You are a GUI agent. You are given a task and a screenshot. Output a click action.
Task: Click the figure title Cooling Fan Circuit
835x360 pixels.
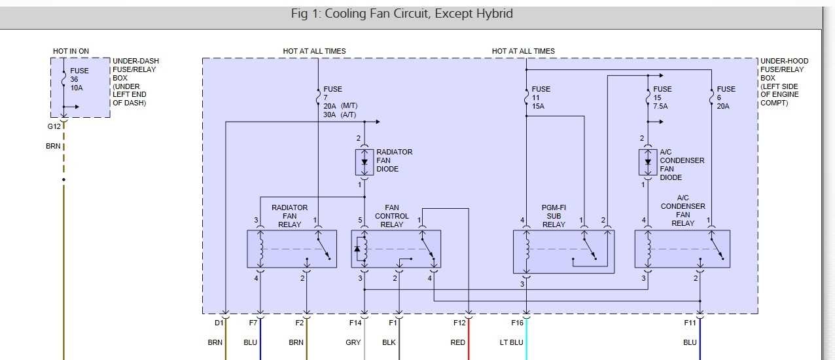[402, 14]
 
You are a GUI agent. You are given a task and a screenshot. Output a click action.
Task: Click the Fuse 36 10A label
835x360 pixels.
[79, 79]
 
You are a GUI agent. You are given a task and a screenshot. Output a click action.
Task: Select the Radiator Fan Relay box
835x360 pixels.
[292, 249]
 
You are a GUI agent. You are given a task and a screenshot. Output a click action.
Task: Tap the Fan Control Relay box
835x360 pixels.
[396, 249]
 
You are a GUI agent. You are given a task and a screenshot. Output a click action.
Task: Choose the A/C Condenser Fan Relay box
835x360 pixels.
[683, 249]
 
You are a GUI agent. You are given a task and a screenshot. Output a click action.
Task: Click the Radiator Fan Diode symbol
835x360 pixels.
[364, 162]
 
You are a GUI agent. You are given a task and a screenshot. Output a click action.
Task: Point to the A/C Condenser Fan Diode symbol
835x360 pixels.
[648, 162]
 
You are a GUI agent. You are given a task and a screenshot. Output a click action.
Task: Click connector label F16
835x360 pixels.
[518, 322]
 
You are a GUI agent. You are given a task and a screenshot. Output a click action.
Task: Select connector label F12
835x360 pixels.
[459, 322]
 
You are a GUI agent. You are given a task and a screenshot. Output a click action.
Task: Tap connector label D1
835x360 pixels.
[219, 322]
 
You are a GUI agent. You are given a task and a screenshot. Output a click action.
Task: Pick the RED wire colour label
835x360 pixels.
[458, 342]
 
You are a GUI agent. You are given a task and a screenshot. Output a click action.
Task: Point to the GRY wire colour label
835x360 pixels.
[353, 342]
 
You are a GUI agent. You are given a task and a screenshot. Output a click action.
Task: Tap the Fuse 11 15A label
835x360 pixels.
[541, 98]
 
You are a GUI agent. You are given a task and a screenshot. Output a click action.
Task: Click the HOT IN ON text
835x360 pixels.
[71, 51]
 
